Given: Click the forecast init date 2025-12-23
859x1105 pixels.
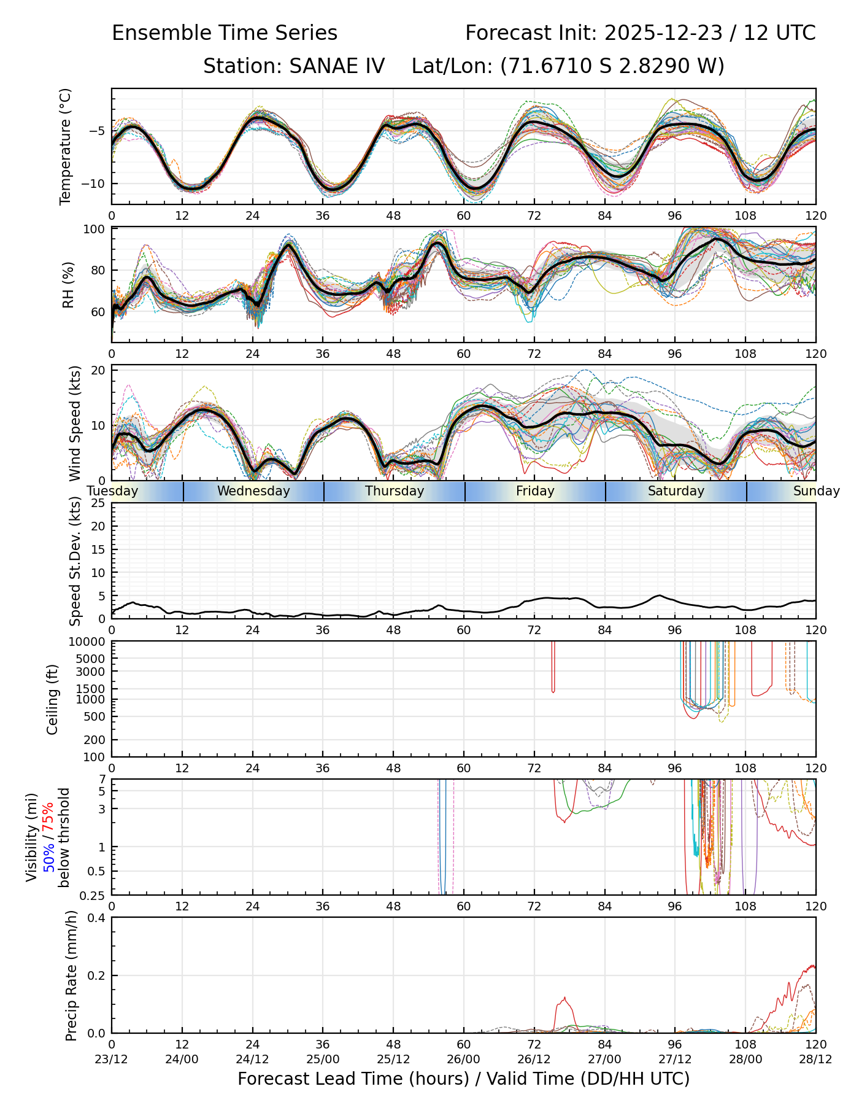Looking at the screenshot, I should coord(663,33).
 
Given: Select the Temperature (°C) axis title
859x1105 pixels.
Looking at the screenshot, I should coord(66,146).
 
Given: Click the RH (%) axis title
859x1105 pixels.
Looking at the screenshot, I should coord(68,284).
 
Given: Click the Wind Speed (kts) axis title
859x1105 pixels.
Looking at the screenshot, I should coord(75,423).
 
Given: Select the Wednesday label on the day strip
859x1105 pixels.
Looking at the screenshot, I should coord(253,491).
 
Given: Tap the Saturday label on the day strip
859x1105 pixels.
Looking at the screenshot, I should coord(676,491).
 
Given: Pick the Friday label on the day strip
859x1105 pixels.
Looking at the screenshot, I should coord(535,491).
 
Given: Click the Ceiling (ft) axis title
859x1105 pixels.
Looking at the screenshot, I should coord(53,699).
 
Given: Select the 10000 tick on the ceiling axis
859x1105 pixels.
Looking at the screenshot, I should coord(88,642).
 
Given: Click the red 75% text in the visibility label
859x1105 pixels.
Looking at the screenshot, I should coord(48,818).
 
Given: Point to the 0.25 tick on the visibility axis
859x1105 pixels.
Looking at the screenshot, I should coord(93,895).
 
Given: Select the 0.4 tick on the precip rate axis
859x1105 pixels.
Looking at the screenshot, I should coord(97,918).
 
